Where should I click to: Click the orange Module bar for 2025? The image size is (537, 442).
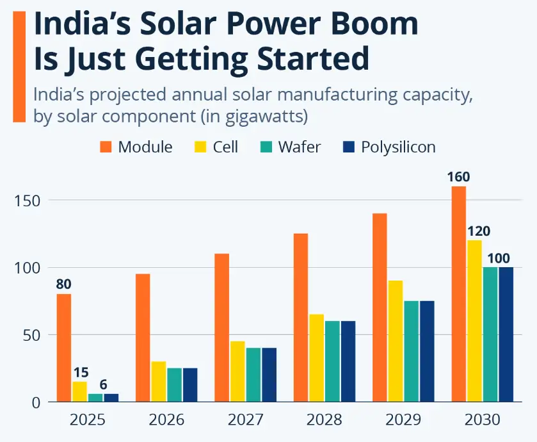64,348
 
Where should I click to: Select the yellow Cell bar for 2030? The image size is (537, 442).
474,321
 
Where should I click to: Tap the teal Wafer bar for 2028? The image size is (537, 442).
332,361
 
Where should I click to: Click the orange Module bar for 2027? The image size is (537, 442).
221,327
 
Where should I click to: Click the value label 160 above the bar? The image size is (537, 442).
458,176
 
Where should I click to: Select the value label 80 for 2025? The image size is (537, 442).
64,284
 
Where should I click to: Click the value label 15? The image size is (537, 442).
81,372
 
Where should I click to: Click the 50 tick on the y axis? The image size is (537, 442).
31,335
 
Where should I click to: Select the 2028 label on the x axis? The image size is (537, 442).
324,420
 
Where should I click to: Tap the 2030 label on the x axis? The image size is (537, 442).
482,420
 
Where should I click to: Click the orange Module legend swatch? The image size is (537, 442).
106,147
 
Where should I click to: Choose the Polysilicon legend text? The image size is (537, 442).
397,147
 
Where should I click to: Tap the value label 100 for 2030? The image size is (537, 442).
499,259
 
